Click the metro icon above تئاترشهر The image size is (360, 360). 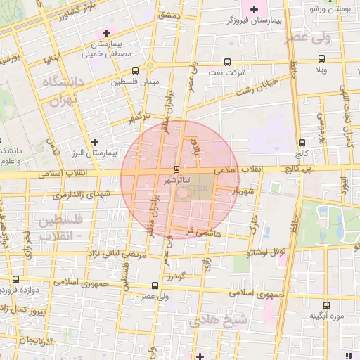(x=176, y=169)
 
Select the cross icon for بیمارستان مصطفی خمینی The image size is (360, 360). (x=106, y=32)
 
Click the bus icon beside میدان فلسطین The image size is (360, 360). (x=134, y=70)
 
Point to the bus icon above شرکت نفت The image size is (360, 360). (x=226, y=62)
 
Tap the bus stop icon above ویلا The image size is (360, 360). (x=321, y=59)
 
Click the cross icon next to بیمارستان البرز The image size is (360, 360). (x=94, y=142)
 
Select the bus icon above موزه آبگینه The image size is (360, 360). (x=326, y=305)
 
